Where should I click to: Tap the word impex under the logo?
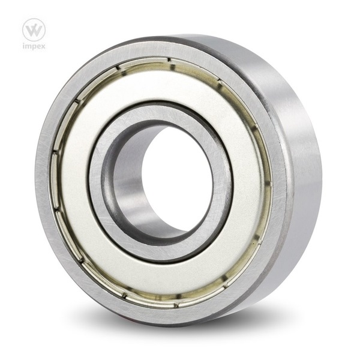tap(34, 46)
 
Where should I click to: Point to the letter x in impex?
tap(42, 46)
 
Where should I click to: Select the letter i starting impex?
tap(24, 46)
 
